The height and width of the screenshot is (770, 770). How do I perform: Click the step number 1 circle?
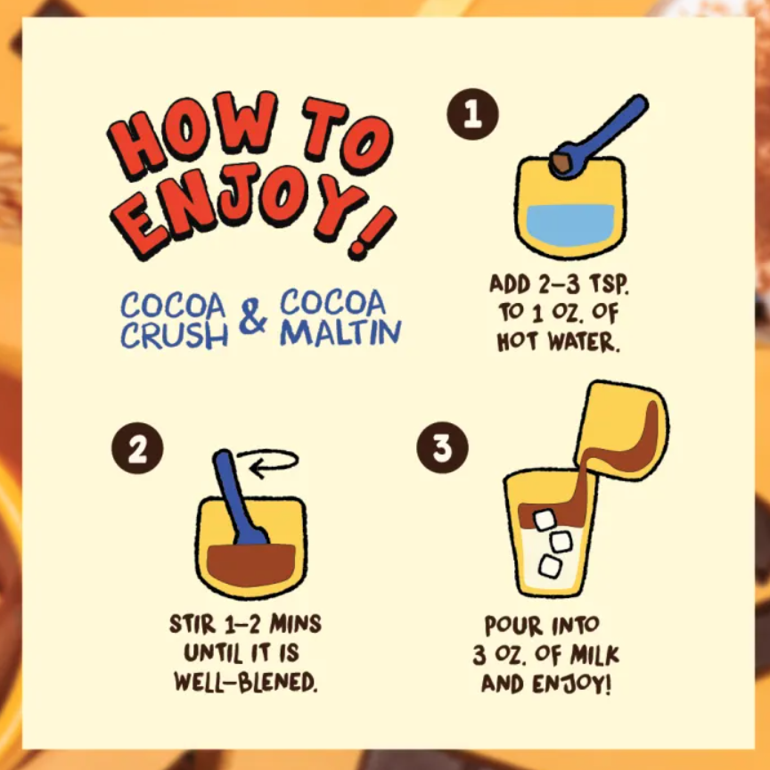tap(472, 114)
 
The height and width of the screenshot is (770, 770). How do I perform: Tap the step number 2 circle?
tap(137, 448)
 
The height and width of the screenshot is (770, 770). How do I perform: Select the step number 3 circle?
tap(442, 447)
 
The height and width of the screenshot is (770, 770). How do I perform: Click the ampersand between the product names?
tap(253, 316)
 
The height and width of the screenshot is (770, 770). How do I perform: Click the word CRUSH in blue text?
tap(175, 336)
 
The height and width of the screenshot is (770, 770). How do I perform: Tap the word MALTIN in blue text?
tap(340, 332)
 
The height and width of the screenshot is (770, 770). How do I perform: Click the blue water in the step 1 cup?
tap(569, 225)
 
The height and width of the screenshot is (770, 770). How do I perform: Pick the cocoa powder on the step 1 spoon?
tap(561, 161)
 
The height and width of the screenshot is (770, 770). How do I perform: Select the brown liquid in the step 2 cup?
tap(251, 565)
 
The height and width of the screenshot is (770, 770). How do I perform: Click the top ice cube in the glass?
tap(545, 520)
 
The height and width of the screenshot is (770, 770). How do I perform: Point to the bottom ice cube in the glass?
tap(550, 566)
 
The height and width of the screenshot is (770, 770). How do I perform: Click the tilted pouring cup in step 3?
tap(622, 430)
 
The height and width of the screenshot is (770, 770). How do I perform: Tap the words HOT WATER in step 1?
tap(559, 342)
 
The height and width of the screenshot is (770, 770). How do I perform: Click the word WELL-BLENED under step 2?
tap(246, 682)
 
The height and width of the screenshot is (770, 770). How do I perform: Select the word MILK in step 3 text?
tap(594, 655)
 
